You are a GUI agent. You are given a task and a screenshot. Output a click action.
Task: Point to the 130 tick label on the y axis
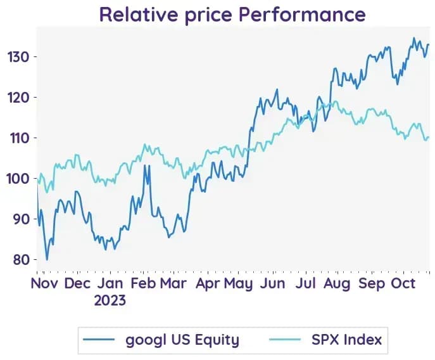pyautogui.click(x=18, y=57)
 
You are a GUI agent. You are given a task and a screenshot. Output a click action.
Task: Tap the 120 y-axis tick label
pyautogui.click(x=18, y=98)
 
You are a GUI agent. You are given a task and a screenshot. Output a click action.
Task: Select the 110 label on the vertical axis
pyautogui.click(x=20, y=138)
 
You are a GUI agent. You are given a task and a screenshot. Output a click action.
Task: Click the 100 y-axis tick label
pyautogui.click(x=18, y=179)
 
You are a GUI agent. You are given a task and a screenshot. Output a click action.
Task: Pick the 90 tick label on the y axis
pyautogui.click(x=22, y=219)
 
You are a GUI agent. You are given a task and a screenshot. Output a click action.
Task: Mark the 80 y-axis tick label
pyautogui.click(x=22, y=260)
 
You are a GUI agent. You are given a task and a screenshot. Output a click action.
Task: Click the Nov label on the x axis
pyautogui.click(x=44, y=283)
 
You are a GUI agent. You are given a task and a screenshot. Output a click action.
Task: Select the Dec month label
pyautogui.click(x=77, y=283)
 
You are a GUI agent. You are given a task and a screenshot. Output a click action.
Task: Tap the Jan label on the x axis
pyautogui.click(x=110, y=283)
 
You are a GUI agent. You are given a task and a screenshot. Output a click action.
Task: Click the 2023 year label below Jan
pyautogui.click(x=110, y=300)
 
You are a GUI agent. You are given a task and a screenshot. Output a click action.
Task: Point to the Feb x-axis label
pyautogui.click(x=143, y=283)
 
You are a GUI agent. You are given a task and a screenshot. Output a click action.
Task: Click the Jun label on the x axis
pyautogui.click(x=272, y=283)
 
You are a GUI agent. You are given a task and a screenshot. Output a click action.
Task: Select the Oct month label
pyautogui.click(x=403, y=283)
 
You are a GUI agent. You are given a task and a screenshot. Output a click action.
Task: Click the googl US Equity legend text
pyautogui.click(x=182, y=340)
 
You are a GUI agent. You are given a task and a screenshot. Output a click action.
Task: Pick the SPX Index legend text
pyautogui.click(x=347, y=340)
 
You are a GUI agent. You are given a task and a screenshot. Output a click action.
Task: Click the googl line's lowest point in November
pyautogui.click(x=47, y=260)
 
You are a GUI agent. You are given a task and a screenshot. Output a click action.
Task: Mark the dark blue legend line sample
pyautogui.click(x=99, y=340)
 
